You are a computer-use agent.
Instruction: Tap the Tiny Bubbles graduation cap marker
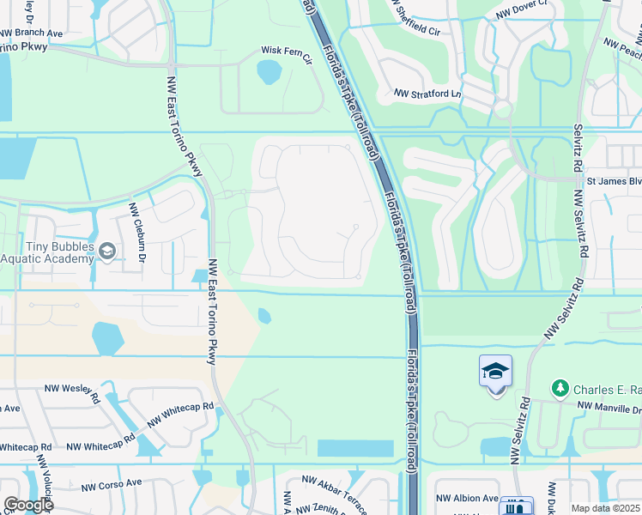(107, 251)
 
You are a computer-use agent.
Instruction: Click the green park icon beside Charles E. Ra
(560, 389)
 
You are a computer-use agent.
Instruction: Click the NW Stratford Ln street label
(427, 94)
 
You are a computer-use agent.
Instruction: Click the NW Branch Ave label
(33, 33)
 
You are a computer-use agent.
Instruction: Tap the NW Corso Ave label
(112, 484)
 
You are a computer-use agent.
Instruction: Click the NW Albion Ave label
(467, 498)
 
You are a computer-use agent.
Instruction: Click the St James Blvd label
(613, 181)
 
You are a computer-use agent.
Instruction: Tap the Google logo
(27, 505)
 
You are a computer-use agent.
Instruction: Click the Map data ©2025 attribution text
(606, 508)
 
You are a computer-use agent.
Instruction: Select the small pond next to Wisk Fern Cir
(269, 72)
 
